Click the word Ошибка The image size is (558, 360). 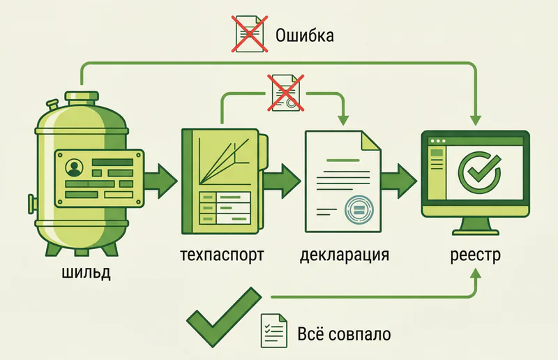click(305, 36)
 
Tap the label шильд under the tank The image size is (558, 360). click(86, 272)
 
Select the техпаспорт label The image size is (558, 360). click(222, 255)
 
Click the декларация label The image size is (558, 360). click(344, 255)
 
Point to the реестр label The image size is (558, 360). click(476, 255)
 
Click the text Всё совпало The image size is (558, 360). click(344, 334)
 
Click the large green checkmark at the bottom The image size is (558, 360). click(224, 317)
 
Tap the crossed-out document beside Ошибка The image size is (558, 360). click(250, 33)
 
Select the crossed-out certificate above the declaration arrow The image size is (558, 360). click(286, 93)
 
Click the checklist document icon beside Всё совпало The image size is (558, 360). click(273, 331)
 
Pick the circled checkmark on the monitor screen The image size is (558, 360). click(479, 172)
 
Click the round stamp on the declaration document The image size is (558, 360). click(359, 209)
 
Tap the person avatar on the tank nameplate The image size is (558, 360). click(75, 167)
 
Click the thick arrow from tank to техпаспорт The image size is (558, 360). click(161, 181)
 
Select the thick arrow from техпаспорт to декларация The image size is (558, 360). click(282, 181)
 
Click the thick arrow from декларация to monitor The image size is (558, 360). click(399, 181)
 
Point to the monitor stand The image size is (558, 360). click(476, 227)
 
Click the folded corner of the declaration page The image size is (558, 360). click(370, 141)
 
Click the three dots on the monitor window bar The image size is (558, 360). click(438, 141)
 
